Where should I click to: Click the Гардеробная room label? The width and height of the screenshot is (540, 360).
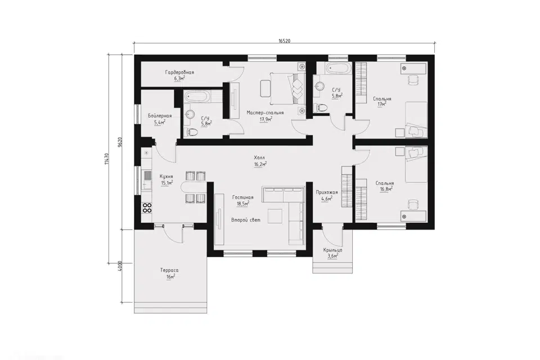tap(179, 73)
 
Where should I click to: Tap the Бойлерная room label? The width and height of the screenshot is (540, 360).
tap(160, 116)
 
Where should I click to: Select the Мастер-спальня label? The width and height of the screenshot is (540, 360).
tap(265, 112)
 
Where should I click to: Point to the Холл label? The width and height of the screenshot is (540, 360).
tap(260, 157)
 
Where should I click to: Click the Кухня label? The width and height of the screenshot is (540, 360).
tap(166, 176)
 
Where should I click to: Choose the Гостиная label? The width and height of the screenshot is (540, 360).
tap(243, 197)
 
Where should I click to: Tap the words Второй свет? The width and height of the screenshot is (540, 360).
tap(246, 220)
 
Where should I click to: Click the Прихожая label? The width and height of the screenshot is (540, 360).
tap(327, 192)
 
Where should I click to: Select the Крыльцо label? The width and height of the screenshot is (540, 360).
tap(332, 250)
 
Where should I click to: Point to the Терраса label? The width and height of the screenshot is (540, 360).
tap(169, 271)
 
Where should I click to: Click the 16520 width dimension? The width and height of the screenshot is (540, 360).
tap(285, 40)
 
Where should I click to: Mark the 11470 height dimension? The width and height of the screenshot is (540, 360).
tap(107, 159)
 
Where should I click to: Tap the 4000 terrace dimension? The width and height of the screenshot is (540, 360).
tap(120, 266)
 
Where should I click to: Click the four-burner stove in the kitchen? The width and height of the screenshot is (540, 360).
tap(147, 208)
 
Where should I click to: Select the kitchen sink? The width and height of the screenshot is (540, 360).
tap(147, 177)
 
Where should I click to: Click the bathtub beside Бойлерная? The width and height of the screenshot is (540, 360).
tap(197, 97)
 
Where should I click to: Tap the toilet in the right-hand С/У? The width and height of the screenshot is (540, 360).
tap(321, 108)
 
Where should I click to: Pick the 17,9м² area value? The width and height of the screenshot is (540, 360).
tap(266, 119)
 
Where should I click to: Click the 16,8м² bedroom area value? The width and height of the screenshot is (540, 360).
tap(386, 189)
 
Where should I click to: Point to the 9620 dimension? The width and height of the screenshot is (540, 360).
tap(120, 142)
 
